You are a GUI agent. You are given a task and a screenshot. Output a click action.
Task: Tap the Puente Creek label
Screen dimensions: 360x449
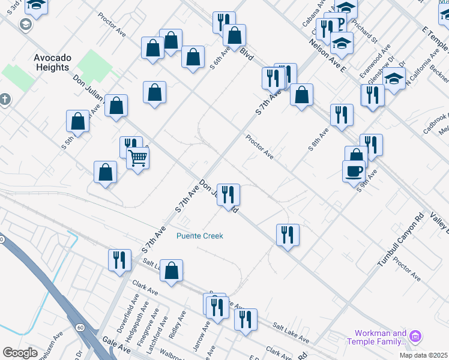pyautogui.click(x=200, y=236)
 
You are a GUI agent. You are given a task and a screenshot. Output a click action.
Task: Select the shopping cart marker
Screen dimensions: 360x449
pyautogui.click(x=138, y=158)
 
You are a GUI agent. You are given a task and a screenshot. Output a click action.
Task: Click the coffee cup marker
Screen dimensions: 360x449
pyautogui.click(x=354, y=170)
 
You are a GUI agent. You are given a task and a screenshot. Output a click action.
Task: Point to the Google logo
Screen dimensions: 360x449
pyautogui.click(x=20, y=353)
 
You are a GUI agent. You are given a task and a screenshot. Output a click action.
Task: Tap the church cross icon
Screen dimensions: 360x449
pyautogui.click(x=5, y=98)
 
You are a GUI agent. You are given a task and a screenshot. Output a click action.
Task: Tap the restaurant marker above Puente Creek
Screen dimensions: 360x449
pyautogui.click(x=228, y=194)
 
